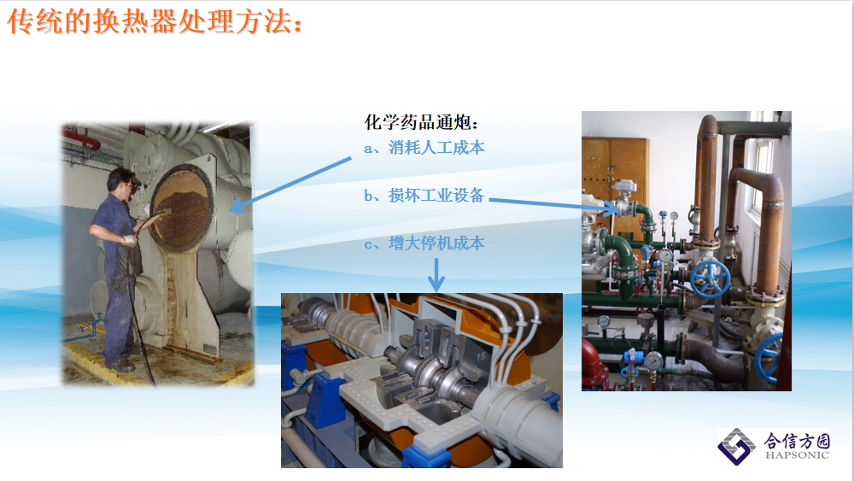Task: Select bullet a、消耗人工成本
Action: pyautogui.click(x=424, y=148)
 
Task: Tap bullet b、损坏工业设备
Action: pyautogui.click(x=424, y=195)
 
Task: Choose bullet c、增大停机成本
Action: pyautogui.click(x=424, y=243)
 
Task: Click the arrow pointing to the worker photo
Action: pyautogui.click(x=290, y=185)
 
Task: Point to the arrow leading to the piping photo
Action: pyautogui.click(x=553, y=204)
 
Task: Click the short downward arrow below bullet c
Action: pyautogui.click(x=436, y=275)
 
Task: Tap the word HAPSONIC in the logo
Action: pyautogui.click(x=797, y=455)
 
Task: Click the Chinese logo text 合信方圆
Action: pyautogui.click(x=797, y=440)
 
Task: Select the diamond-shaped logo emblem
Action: pyautogui.click(x=736, y=446)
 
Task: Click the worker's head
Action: pyautogui.click(x=122, y=182)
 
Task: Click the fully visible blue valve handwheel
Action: pyautogui.click(x=710, y=279)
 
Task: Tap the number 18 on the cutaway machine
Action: pyautogui.click(x=481, y=357)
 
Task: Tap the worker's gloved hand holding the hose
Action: pyautogui.click(x=129, y=240)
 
